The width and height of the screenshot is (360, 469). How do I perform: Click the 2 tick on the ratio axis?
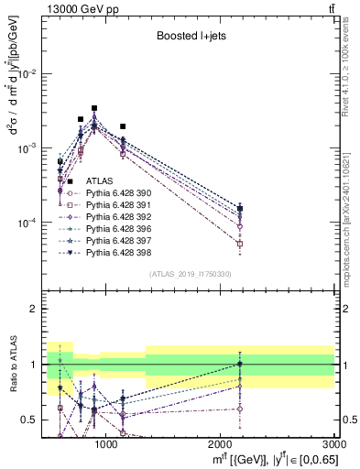pos(38,310)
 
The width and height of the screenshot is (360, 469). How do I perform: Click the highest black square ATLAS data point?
pos(94,108)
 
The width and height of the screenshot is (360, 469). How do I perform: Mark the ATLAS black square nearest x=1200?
pos(123,126)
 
